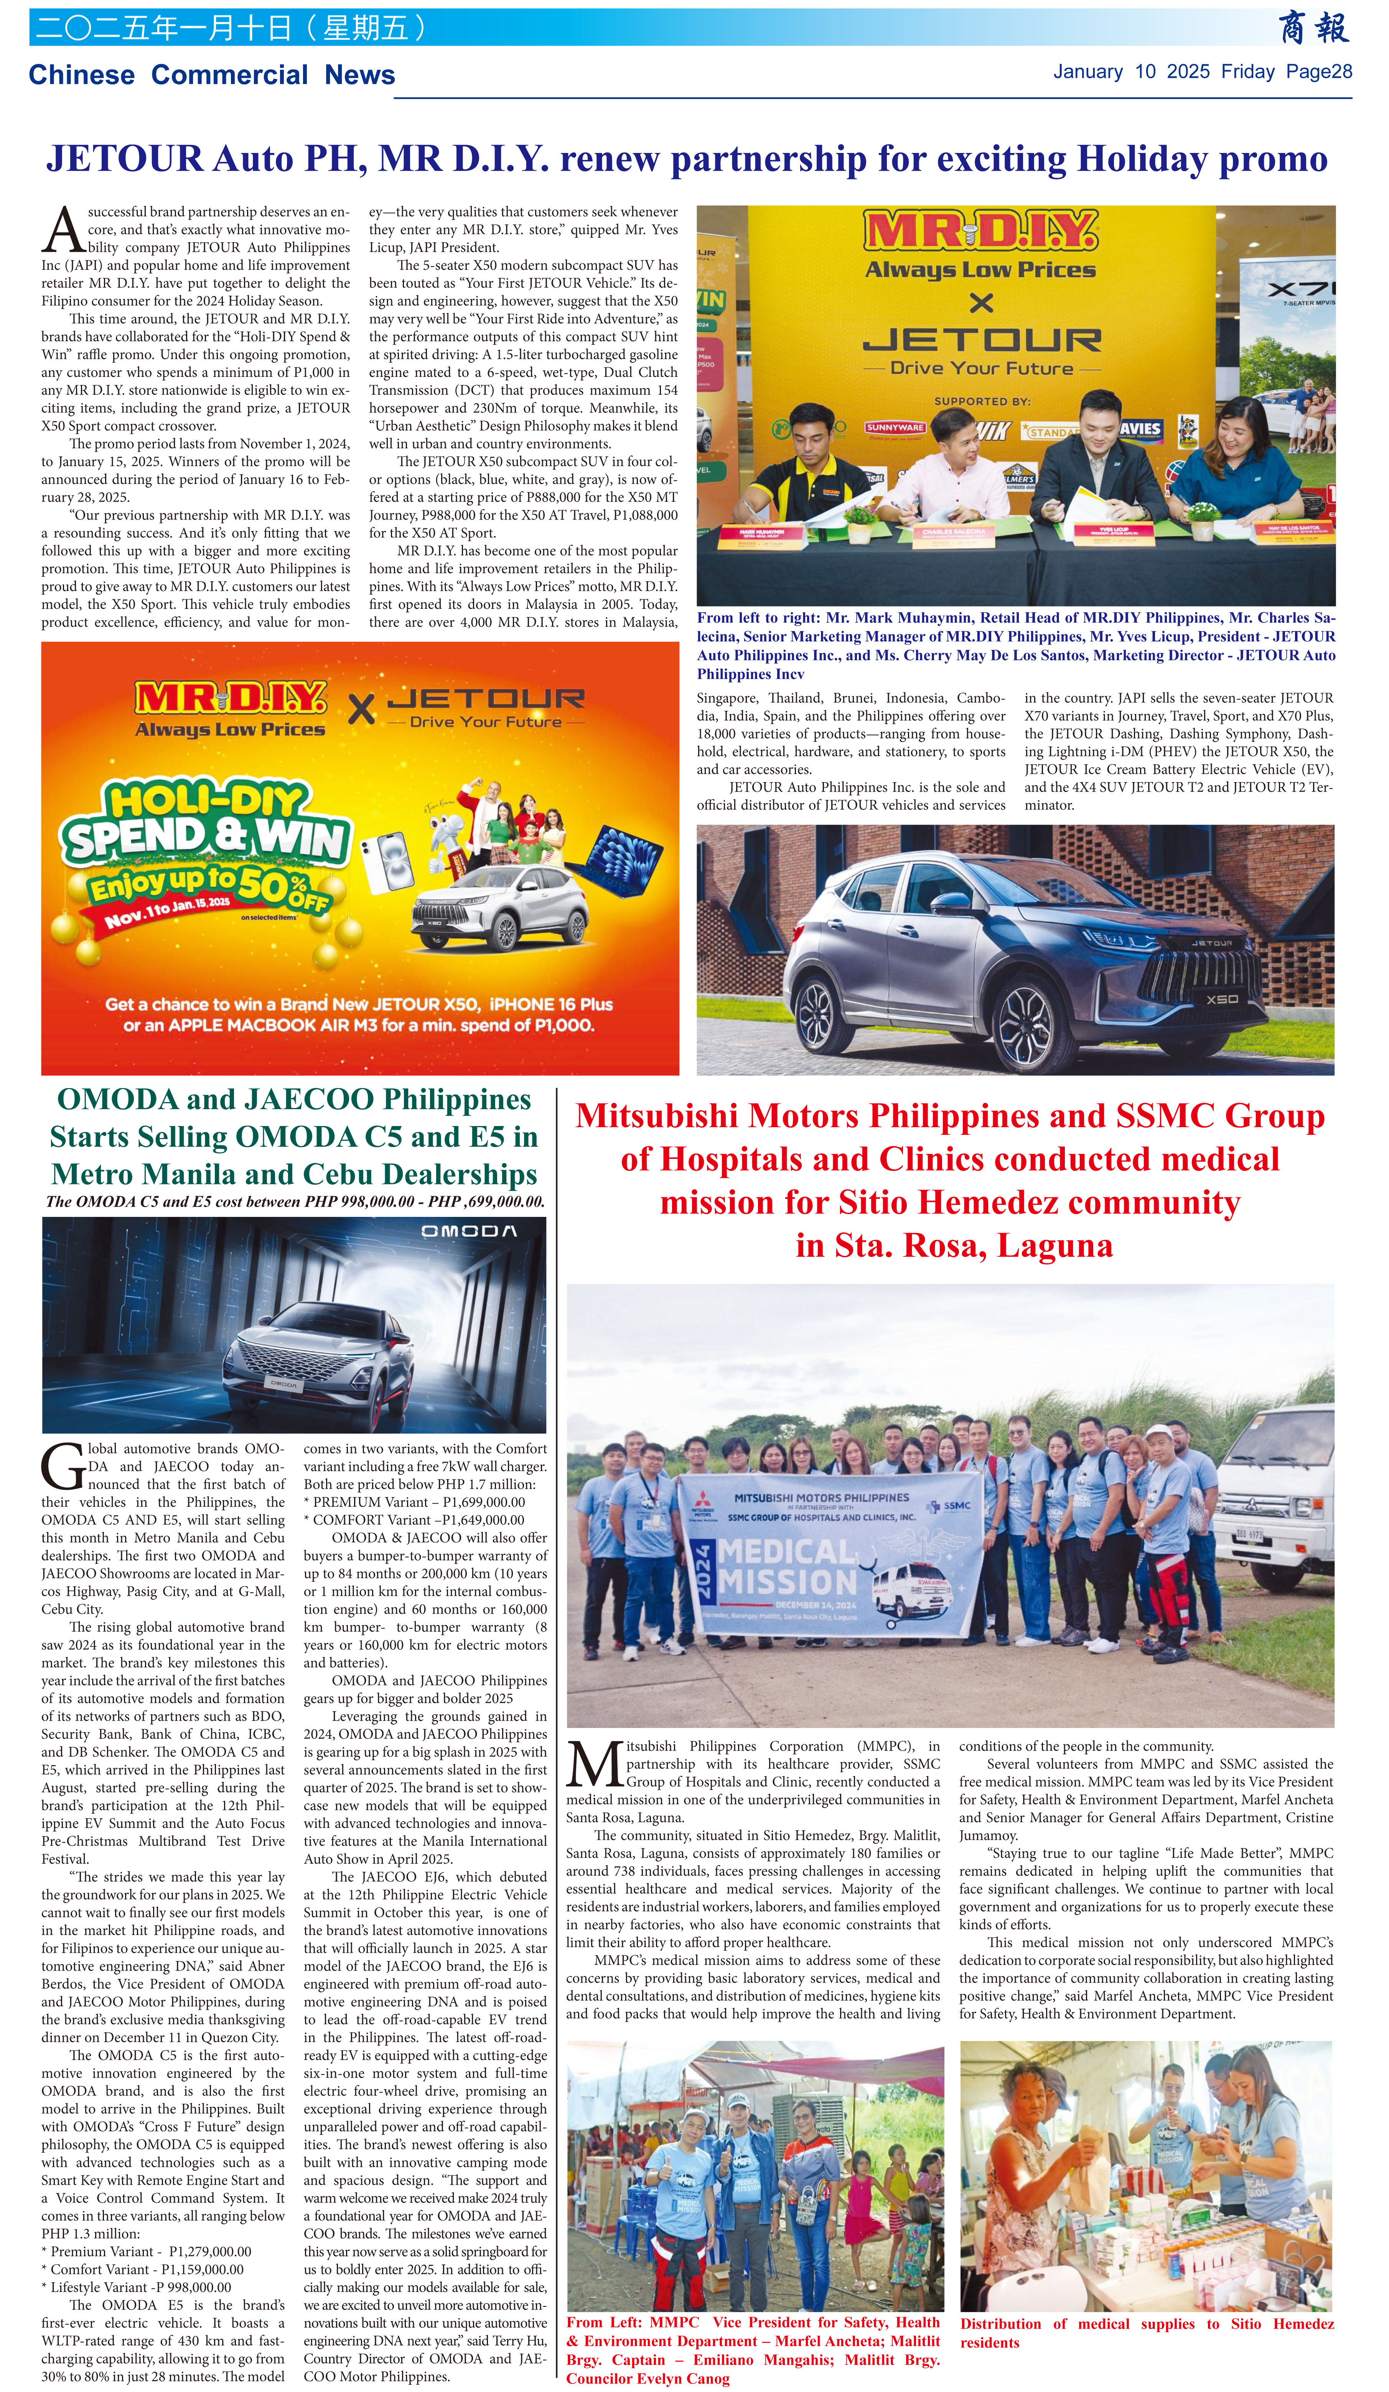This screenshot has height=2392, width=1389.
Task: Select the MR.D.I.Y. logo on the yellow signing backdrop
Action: coord(981,232)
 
